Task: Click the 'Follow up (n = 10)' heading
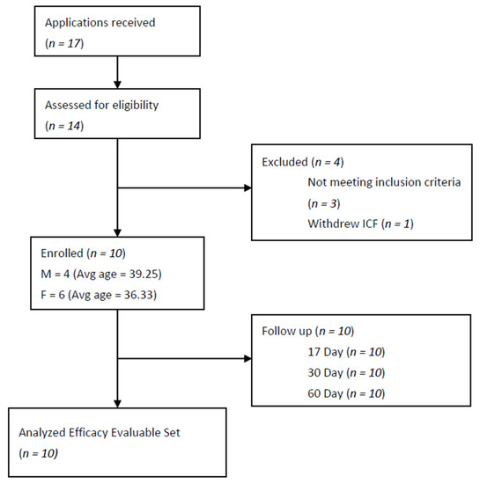pos(306,333)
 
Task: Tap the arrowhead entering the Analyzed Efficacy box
pos(119,403)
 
